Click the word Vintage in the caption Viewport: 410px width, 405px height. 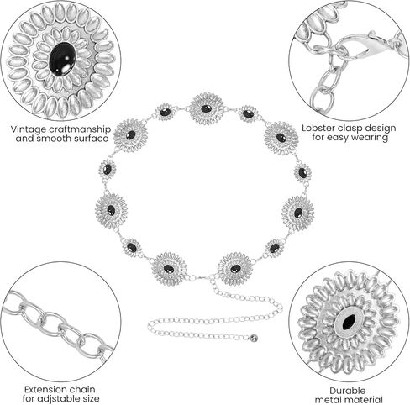[x=29, y=129]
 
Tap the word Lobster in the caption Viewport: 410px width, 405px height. [x=318, y=128]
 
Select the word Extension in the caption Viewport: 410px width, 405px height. [x=45, y=389]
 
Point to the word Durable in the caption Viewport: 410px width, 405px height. [x=347, y=391]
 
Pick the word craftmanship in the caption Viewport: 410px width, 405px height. [x=80, y=129]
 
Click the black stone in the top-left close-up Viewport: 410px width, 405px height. [x=62, y=59]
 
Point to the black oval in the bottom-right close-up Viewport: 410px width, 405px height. [x=349, y=321]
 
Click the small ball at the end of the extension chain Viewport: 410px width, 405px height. [x=255, y=339]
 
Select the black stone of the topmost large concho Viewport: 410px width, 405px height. [x=206, y=108]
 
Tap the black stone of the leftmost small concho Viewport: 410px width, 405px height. [x=108, y=169]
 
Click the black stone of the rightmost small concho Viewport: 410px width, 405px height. [x=302, y=173]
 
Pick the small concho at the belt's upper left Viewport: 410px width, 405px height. [x=165, y=113]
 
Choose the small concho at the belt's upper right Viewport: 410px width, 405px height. [x=249, y=114]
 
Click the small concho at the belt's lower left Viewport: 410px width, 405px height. [x=131, y=248]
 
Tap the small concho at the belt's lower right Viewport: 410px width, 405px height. [x=274, y=248]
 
